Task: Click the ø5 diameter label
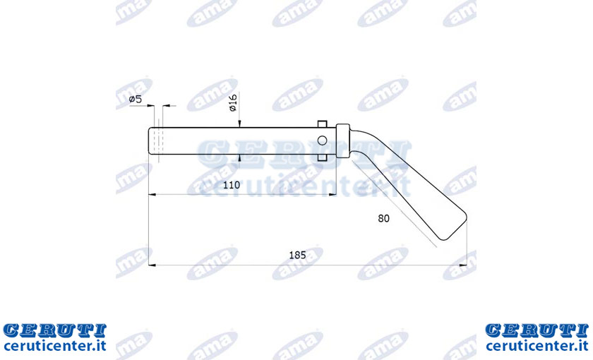(x=135, y=100)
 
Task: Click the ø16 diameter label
(x=232, y=102)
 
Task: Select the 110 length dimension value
(x=232, y=185)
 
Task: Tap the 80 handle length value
(x=383, y=218)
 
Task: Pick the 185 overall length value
(x=297, y=255)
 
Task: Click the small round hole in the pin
(x=322, y=140)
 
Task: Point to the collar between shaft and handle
(x=342, y=140)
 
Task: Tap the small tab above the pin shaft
(x=322, y=124)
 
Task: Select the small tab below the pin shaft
(x=322, y=157)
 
